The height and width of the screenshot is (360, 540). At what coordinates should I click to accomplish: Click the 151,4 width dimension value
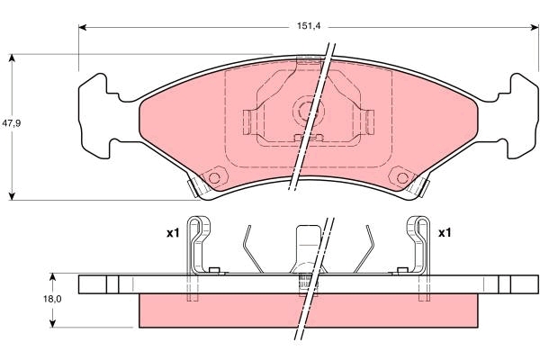point(309,26)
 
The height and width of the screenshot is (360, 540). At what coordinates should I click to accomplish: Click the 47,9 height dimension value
point(11,123)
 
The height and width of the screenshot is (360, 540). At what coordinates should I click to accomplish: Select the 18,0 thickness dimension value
point(52,300)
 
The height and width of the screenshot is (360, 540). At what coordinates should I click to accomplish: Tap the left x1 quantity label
point(173,233)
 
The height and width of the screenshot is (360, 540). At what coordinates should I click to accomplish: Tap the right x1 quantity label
point(445,233)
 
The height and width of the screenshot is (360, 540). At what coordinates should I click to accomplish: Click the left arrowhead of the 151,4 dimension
point(82,27)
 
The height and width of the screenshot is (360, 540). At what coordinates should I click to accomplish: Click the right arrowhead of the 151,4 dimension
point(535,27)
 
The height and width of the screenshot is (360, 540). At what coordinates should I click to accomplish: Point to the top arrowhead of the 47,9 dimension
point(12,58)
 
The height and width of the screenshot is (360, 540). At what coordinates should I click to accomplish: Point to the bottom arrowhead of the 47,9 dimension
point(12,196)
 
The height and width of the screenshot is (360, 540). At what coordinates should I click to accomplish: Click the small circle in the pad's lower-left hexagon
point(214,178)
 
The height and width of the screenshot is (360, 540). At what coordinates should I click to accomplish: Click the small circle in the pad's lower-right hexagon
point(402,178)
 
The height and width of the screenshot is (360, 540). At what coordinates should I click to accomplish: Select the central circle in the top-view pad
point(308,111)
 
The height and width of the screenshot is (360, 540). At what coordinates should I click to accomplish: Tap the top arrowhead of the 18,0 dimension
point(52,278)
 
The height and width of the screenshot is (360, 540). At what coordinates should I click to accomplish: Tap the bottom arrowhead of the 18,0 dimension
point(52,323)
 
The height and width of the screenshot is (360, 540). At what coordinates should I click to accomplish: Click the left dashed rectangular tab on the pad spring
point(247,122)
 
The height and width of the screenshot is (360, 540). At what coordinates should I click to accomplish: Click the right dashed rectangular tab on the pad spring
point(370,122)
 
